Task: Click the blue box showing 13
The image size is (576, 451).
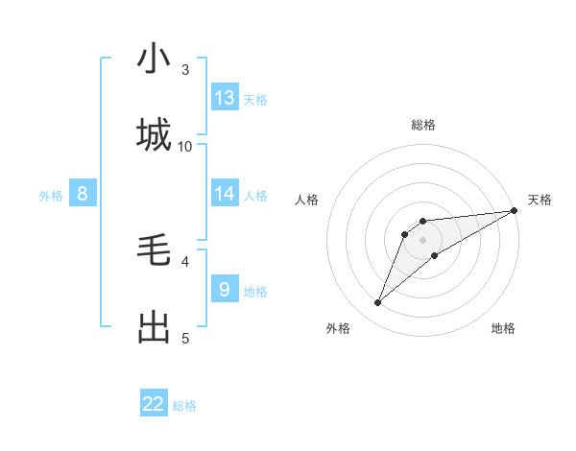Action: [225, 98]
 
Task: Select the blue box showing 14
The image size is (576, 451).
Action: [225, 194]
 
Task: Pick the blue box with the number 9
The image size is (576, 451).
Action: [225, 289]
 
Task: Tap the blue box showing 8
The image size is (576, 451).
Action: [83, 194]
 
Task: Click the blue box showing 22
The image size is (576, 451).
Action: [154, 404]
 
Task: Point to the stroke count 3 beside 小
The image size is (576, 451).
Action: [185, 69]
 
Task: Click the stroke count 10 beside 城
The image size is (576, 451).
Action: [185, 146]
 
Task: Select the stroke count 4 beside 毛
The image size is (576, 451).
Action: [185, 260]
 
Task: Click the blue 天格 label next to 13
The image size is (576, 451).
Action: [255, 99]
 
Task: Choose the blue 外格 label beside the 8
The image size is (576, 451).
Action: [51, 195]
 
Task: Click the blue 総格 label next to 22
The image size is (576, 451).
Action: [184, 406]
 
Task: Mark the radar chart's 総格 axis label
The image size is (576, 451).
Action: [422, 125]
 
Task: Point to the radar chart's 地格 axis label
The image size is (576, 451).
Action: [503, 329]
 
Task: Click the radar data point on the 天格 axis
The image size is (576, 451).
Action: [515, 211]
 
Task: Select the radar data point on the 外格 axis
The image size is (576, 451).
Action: [377, 303]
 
